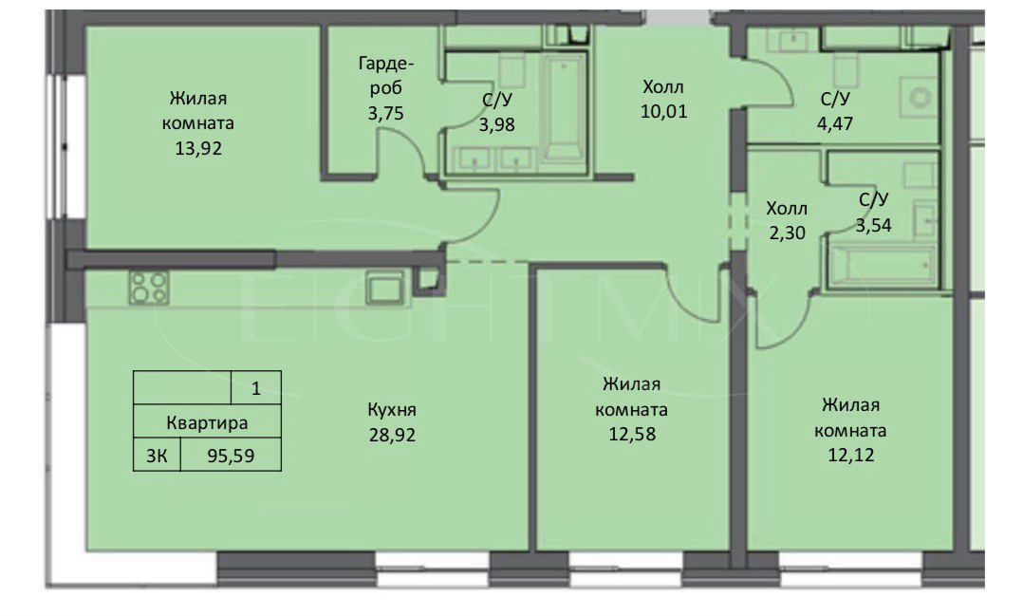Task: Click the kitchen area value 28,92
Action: (x=392, y=435)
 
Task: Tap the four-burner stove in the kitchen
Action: (x=149, y=288)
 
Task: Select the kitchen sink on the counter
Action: (x=385, y=287)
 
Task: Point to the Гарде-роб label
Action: (x=385, y=76)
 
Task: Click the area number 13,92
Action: (x=198, y=148)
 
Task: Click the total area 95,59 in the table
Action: (x=231, y=456)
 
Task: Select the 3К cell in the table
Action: (x=157, y=456)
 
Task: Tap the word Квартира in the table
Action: (x=207, y=423)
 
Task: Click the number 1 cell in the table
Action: (x=256, y=388)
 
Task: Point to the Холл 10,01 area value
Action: (x=663, y=112)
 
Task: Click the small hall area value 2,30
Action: (x=787, y=233)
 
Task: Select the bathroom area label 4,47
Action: (x=835, y=123)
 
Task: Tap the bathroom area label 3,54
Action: (x=874, y=225)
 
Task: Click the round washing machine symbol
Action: (x=920, y=99)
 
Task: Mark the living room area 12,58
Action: (x=632, y=434)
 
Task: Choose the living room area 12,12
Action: (x=850, y=455)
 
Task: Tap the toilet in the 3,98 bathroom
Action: (x=512, y=70)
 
